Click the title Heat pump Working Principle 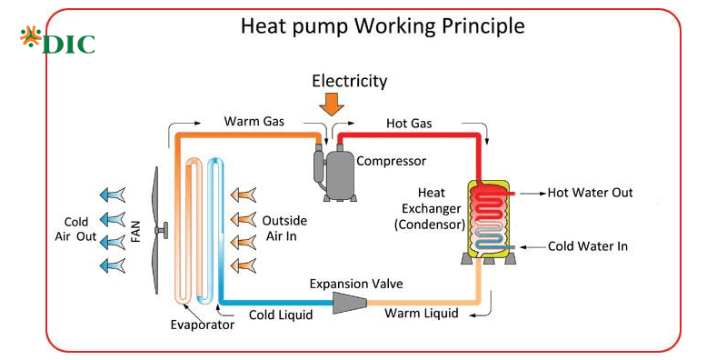point(382,26)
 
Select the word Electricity point(349,81)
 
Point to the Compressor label point(391,162)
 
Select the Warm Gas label point(257,121)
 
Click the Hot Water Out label point(591,193)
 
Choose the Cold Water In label point(587,246)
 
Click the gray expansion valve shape point(349,302)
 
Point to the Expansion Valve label point(356,284)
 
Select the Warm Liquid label point(421,315)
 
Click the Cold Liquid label point(281,315)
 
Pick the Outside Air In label point(284,229)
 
